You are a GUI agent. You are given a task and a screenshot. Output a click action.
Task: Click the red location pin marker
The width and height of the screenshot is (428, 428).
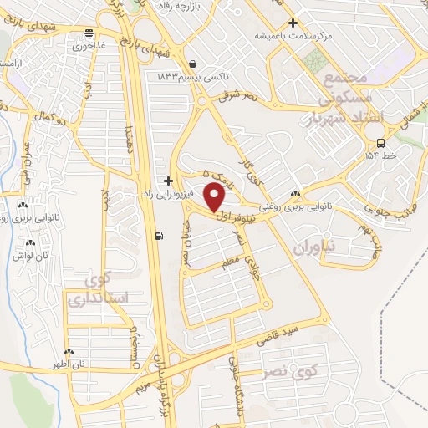pyautogui.click(x=215, y=198)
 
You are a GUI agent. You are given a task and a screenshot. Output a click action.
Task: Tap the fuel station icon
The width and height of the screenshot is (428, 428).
pyautogui.click(x=159, y=235)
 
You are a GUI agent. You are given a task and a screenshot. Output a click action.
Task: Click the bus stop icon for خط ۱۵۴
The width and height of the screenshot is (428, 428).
pyautogui.click(x=381, y=142)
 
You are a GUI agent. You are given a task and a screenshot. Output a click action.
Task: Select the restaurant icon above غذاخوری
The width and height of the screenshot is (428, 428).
pyautogui.click(x=89, y=33)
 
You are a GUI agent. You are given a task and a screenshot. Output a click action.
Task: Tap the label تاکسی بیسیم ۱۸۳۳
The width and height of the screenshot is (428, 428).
pyautogui.click(x=182, y=76)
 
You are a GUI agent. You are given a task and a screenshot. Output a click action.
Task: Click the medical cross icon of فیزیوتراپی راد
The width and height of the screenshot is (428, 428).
pyautogui.click(x=169, y=180)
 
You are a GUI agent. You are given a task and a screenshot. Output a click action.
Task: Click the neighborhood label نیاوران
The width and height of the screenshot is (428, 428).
pyautogui.click(x=314, y=247)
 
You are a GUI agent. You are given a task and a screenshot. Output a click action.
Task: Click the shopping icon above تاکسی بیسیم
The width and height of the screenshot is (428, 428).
pyautogui.click(x=194, y=64)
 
